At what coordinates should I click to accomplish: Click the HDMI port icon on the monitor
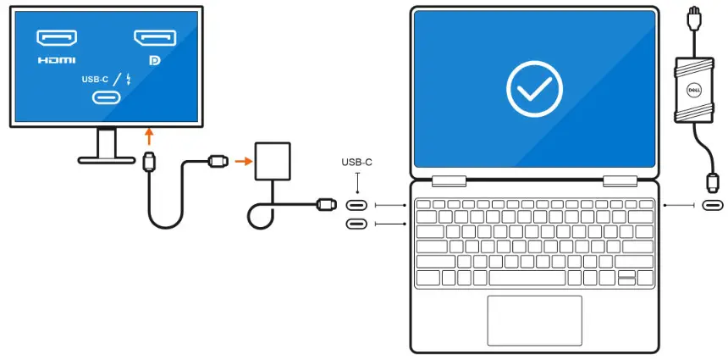[57, 38]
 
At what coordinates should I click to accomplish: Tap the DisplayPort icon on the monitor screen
[155, 38]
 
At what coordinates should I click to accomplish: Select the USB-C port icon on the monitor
[106, 97]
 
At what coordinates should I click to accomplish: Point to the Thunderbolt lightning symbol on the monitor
[127, 80]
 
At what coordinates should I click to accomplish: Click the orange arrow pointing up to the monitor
[149, 136]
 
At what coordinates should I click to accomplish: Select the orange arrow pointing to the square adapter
[242, 159]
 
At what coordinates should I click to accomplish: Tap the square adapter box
[273, 161]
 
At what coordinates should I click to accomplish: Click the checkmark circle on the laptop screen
[534, 86]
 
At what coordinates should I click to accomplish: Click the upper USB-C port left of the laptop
[357, 205]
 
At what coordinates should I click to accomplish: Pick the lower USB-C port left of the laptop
[357, 224]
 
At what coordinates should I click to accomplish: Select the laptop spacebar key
[527, 278]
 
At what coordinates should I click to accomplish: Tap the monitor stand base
[107, 159]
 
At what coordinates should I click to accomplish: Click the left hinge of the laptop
[449, 180]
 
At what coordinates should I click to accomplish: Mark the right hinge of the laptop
[620, 180]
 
